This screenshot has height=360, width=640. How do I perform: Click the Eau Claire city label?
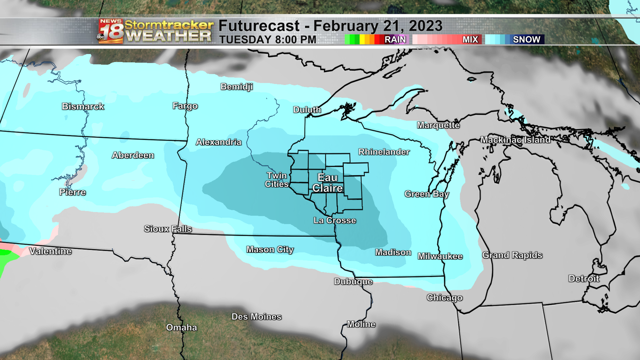pyautogui.click(x=327, y=183)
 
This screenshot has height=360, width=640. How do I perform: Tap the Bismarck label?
pyautogui.click(x=83, y=106)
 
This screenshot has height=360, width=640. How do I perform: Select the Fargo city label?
pyautogui.click(x=185, y=106)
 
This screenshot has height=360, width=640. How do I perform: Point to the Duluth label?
pyautogui.click(x=307, y=110)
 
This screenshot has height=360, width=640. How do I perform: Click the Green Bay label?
pyautogui.click(x=427, y=194)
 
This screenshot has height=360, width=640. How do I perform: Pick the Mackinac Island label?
pyautogui.click(x=515, y=140)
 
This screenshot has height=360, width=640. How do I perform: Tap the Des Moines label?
pyautogui.click(x=256, y=317)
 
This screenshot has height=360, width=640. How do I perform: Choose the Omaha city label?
pyautogui.click(x=181, y=328)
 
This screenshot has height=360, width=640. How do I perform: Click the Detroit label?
pyautogui.click(x=584, y=279)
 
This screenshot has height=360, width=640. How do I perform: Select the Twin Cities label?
pyautogui.click(x=277, y=180)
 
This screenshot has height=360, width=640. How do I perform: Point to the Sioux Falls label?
pyautogui.click(x=168, y=229)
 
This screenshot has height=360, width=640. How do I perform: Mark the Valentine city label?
pyautogui.click(x=50, y=251)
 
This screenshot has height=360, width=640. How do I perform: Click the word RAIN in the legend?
pyautogui.click(x=395, y=40)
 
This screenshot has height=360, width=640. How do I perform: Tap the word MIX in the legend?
pyautogui.click(x=470, y=40)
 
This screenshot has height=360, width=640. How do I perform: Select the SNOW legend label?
pyautogui.click(x=526, y=40)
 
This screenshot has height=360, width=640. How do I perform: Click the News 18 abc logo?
pyautogui.click(x=111, y=31)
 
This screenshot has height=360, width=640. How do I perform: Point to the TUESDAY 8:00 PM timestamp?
pyautogui.click(x=268, y=40)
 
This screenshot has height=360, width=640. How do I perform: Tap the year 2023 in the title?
pyautogui.click(x=426, y=26)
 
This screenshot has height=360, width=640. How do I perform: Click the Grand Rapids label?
pyautogui.click(x=512, y=255)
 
